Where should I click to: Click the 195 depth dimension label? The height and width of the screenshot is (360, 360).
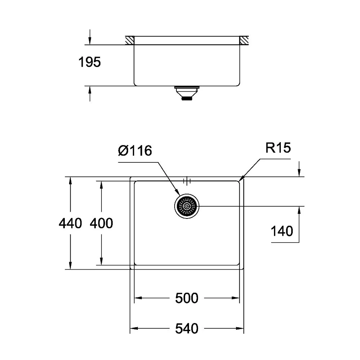tap(90, 62)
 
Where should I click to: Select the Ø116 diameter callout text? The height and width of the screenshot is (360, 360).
tap(135, 151)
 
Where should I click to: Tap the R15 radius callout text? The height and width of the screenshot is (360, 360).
tap(278, 148)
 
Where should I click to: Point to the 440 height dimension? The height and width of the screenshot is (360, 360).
tap(70, 223)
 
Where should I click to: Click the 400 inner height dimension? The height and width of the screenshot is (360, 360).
tap(101, 223)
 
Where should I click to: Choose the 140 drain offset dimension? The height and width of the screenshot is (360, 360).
tap(282, 231)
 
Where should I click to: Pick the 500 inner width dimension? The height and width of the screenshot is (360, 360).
tap(186, 298)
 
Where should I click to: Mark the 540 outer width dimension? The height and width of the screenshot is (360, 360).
tap(186, 329)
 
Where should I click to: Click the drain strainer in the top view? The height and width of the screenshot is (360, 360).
tap(186, 206)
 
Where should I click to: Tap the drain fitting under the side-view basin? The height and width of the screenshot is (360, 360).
tap(186, 93)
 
